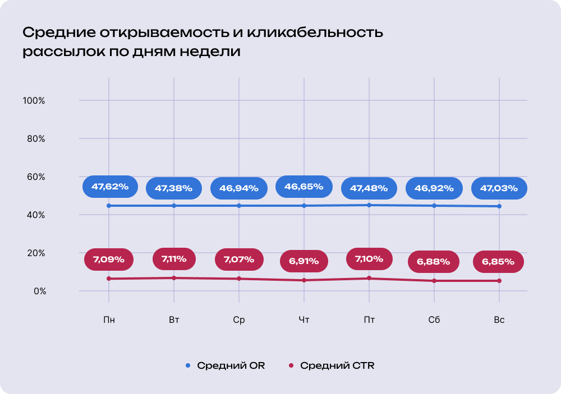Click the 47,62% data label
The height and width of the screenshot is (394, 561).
coord(110,187)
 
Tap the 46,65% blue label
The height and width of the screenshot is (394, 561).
coord(304,187)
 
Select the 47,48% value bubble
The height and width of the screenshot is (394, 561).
coord(369,188)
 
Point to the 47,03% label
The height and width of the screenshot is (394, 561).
coord(499,188)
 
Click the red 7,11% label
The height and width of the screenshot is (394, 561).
coord(174,259)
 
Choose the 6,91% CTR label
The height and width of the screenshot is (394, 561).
coord(304,261)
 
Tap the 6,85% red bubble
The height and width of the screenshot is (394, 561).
coord(499,262)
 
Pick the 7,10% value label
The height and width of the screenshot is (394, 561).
coord(369,259)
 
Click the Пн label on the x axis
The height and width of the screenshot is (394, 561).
coord(109,320)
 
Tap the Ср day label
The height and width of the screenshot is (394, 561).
coord(239,320)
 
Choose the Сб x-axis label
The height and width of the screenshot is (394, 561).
coord(434,320)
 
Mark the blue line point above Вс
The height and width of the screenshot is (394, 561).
coord(499,206)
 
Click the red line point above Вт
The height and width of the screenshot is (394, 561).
coord(174,278)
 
